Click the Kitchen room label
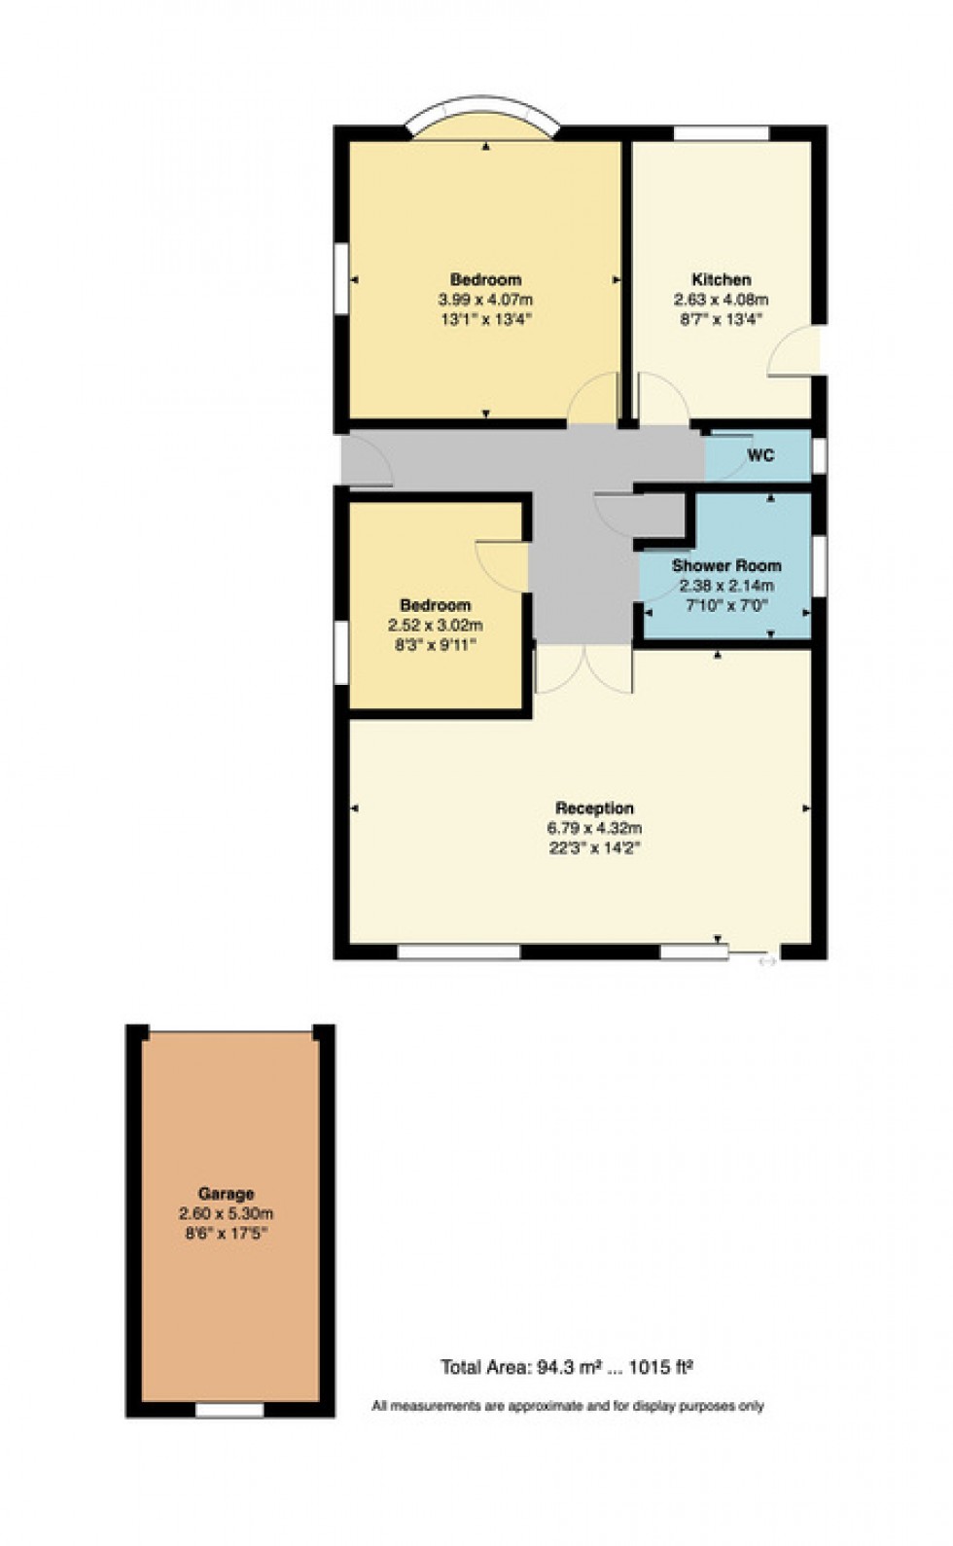(721, 279)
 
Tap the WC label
(760, 454)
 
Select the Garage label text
(226, 1194)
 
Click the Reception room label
(594, 808)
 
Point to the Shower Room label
(726, 565)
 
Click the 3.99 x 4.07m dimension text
(485, 300)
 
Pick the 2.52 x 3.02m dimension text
(435, 626)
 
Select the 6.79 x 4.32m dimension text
(594, 829)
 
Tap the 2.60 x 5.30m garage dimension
(226, 1213)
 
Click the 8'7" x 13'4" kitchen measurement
(721, 319)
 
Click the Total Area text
(567, 1367)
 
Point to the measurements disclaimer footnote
(567, 1405)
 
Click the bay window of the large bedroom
(483, 115)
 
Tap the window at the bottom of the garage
(229, 1409)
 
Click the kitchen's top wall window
(721, 133)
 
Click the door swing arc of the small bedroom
(498, 563)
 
